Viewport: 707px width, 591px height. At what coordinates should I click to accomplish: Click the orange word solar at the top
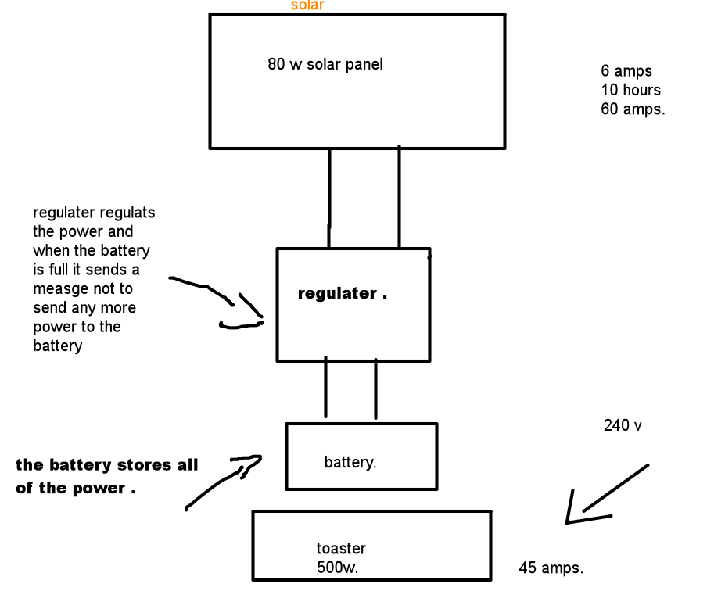pyautogui.click(x=307, y=5)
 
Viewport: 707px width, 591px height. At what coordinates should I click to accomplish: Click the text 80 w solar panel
pyautogui.click(x=325, y=65)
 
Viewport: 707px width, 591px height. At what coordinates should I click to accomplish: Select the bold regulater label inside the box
pyautogui.click(x=338, y=294)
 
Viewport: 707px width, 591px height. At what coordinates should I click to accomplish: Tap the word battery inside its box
pyautogui.click(x=350, y=463)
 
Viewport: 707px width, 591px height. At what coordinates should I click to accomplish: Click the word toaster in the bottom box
pyautogui.click(x=341, y=549)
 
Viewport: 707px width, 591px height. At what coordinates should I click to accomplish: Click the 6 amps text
pyautogui.click(x=626, y=71)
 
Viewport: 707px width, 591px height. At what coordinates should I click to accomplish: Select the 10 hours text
pyautogui.click(x=631, y=90)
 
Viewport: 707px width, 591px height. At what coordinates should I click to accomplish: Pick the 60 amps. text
pyautogui.click(x=633, y=109)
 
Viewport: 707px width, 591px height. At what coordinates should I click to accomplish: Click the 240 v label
pyautogui.click(x=623, y=426)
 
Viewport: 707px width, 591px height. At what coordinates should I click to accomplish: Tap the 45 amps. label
pyautogui.click(x=551, y=568)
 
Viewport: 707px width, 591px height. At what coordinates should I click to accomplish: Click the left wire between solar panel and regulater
pyautogui.click(x=329, y=197)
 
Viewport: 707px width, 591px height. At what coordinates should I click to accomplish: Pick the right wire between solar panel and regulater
pyautogui.click(x=399, y=197)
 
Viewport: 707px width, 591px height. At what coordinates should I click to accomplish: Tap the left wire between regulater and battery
pyautogui.click(x=325, y=389)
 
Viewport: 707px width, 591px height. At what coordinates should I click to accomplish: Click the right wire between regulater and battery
pyautogui.click(x=375, y=389)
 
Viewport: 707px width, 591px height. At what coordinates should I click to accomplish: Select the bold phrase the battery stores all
pyautogui.click(x=107, y=466)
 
